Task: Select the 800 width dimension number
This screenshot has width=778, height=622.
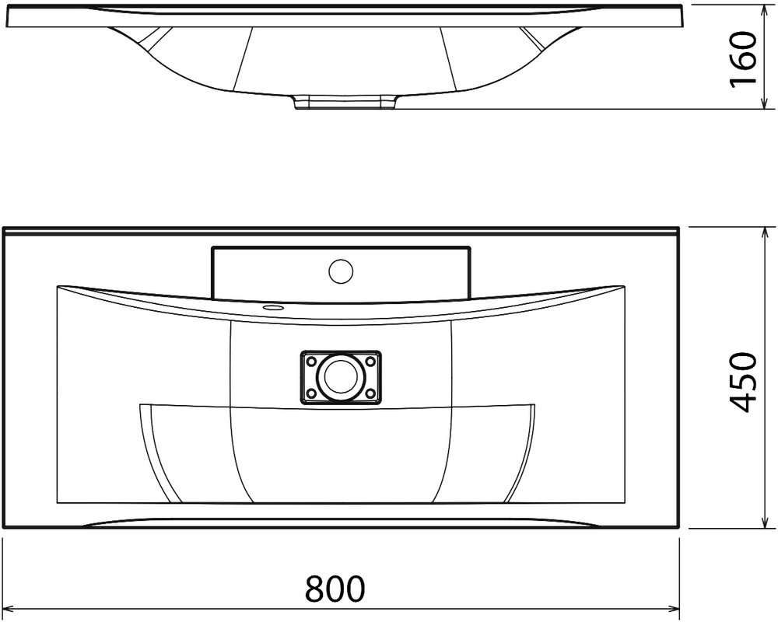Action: [335, 589]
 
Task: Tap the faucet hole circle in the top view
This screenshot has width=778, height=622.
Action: [341, 271]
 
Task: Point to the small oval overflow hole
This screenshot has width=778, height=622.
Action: [272, 308]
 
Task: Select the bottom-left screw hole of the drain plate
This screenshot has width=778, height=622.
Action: [312, 393]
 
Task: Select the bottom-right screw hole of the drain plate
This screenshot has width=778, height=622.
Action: [370, 393]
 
